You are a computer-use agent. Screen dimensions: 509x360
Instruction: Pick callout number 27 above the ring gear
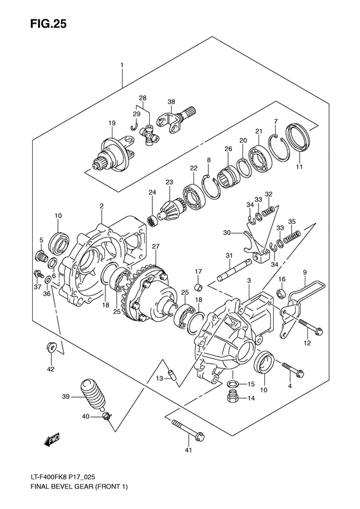pos(155,246)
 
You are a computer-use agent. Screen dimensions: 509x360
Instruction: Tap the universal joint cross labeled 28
pos(148,134)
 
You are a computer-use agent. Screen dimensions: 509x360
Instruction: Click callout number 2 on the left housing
pos(101,206)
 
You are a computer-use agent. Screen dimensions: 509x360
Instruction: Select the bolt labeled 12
pos(308,326)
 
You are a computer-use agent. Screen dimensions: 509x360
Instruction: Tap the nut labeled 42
pos(51,349)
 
